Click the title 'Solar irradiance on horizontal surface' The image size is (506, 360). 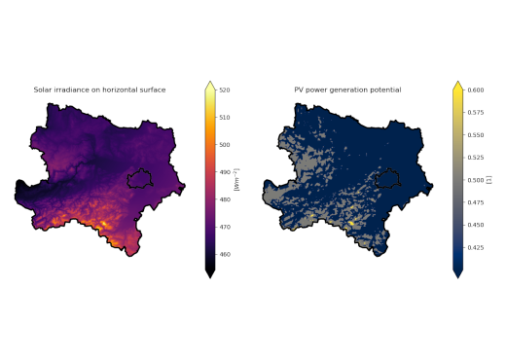click(99, 90)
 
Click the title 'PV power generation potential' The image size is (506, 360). click(347, 90)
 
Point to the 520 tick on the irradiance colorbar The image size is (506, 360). click(224, 90)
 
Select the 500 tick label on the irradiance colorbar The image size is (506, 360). click(224, 145)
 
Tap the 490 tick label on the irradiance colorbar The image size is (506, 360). click(224, 172)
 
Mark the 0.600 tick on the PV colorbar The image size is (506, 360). click(475, 90)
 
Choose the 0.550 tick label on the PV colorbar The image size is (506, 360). click(475, 135)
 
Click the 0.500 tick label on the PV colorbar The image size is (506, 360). click(475, 180)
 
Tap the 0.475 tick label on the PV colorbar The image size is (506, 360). click(475, 202)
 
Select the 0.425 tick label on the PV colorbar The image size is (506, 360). click(475, 247)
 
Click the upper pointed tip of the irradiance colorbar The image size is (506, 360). click(209, 86)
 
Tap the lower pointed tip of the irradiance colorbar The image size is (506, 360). click(209, 274)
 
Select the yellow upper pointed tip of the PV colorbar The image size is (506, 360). click(458, 86)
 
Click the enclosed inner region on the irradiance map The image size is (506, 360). click(141, 178)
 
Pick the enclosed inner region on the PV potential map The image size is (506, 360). click(390, 178)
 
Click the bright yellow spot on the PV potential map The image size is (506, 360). click(351, 223)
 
